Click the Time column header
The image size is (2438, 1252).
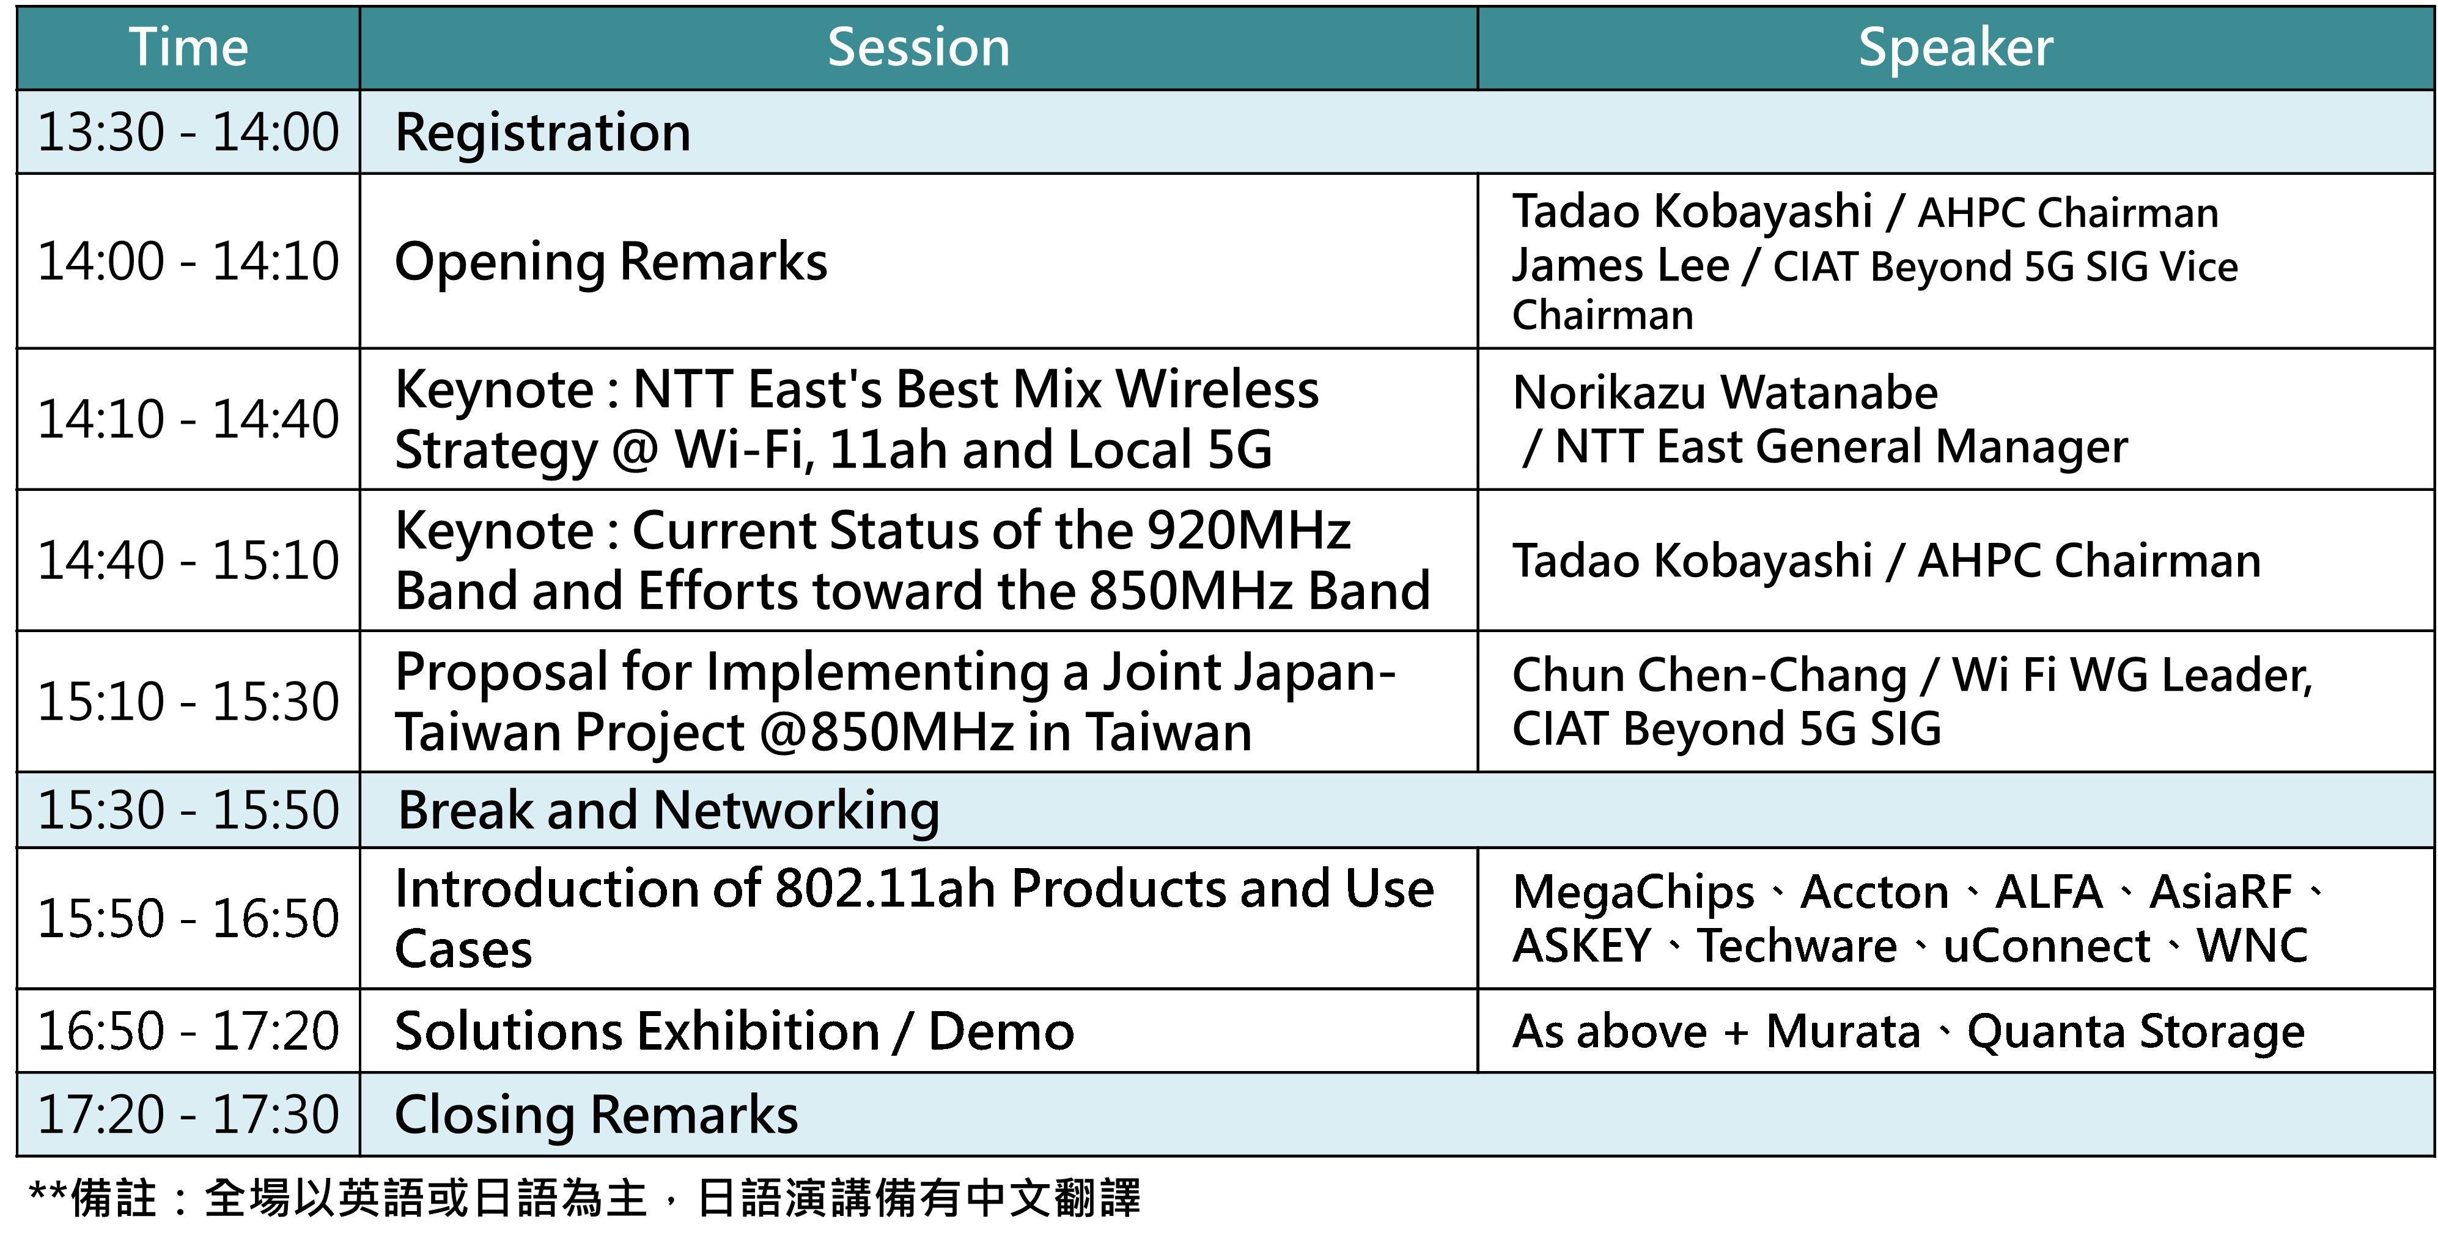(x=188, y=47)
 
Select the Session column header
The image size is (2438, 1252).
(x=918, y=47)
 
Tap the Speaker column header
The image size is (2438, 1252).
(x=1955, y=47)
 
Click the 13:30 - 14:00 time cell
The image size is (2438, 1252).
(x=188, y=131)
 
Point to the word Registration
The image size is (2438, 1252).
(x=543, y=133)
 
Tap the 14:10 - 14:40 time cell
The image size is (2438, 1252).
(x=188, y=419)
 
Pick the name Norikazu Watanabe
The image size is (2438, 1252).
(x=1725, y=392)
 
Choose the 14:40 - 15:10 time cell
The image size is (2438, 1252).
(x=188, y=560)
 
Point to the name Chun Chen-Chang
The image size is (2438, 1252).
(x=1709, y=676)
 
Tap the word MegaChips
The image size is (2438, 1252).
(x=1633, y=893)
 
